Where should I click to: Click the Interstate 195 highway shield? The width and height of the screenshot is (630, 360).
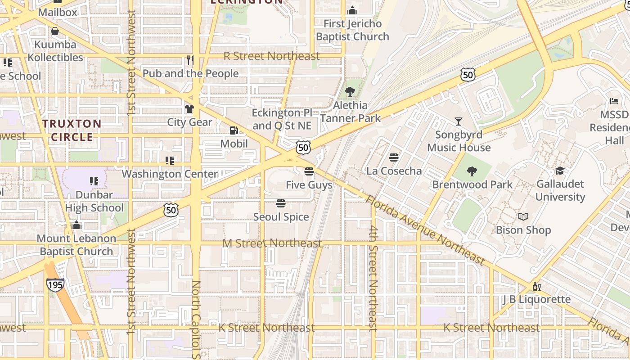pos(55,284)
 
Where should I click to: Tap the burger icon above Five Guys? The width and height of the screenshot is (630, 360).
pos(309,171)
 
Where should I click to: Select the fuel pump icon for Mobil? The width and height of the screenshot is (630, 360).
pos(234,130)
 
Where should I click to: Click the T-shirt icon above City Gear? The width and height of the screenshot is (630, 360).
pos(189,109)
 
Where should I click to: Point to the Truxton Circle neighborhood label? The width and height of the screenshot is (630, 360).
pos(72,130)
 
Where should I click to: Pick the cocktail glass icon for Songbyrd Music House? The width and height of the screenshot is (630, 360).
pos(458,121)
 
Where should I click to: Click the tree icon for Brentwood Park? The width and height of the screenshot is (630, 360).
pos(472,171)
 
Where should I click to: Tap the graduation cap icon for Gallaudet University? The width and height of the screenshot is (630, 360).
pos(560,171)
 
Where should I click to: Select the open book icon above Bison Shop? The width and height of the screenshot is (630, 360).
pos(523,217)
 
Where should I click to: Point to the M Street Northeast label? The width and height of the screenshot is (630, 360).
pos(273,243)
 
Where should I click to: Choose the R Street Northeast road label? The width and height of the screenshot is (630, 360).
pos(272,56)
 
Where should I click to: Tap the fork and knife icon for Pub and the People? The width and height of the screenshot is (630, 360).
pos(190,60)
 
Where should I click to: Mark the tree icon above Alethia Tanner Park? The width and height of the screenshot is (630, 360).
pos(350,92)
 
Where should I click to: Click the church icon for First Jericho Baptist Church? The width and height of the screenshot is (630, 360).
pos(352,10)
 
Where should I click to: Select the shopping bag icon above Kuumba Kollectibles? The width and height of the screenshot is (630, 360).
pos(55,31)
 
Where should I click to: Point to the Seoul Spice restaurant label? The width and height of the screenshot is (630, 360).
pos(281,217)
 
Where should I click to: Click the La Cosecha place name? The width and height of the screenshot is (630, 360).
pos(394,171)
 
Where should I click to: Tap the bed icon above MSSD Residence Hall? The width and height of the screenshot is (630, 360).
pos(614,101)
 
